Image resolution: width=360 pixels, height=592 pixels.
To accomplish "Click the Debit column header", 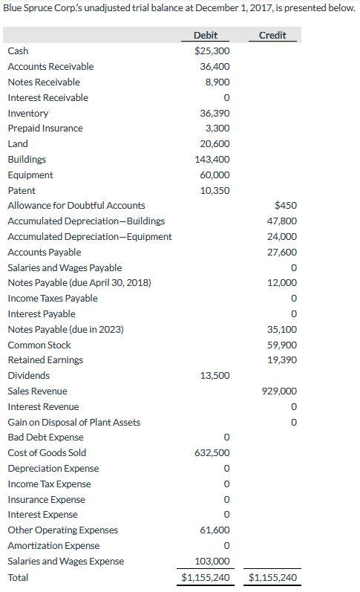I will click(x=206, y=36).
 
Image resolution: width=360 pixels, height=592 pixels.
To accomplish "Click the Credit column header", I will click(x=272, y=36).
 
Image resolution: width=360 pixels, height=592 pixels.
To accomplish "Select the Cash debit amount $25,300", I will click(x=212, y=51).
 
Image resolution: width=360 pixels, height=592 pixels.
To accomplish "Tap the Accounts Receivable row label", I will click(x=50, y=67).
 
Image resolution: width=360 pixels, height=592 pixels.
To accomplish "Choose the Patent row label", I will click(x=22, y=190).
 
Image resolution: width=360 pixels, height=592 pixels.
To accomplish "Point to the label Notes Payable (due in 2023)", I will click(x=65, y=329).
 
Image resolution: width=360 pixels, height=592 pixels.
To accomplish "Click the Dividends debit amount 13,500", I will click(x=215, y=376).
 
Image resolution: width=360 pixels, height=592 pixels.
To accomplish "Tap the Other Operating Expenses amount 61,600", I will click(x=215, y=530).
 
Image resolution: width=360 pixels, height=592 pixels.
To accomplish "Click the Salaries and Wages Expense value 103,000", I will click(x=212, y=562).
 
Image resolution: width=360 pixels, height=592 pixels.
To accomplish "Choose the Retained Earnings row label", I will click(x=45, y=360).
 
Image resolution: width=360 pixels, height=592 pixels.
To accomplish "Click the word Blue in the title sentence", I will click(x=14, y=8).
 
